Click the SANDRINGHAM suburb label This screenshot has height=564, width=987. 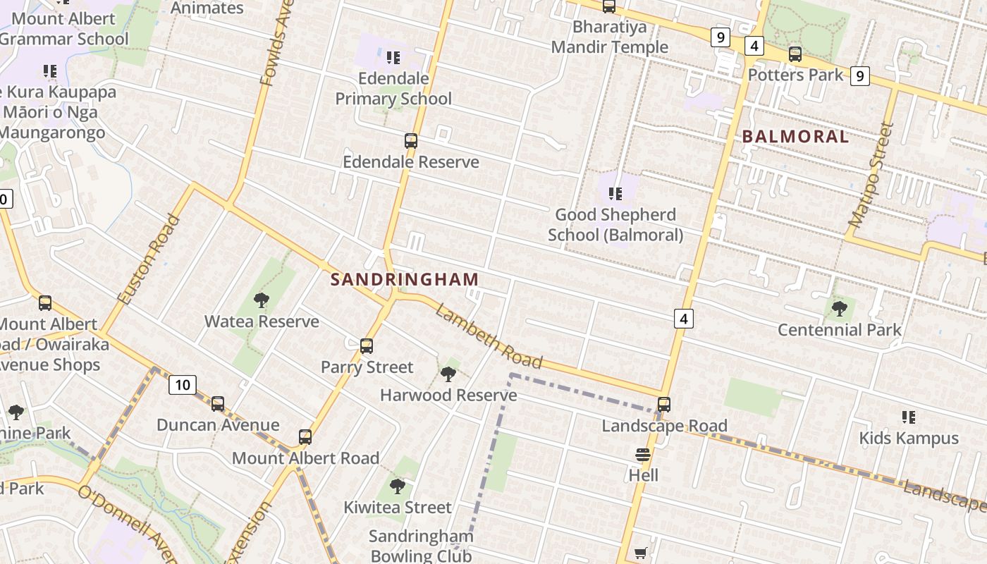click(x=405, y=279)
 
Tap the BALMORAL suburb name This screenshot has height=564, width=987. click(x=795, y=137)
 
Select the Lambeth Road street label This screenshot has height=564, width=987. click(x=489, y=337)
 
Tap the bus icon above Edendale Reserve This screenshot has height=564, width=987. click(x=411, y=141)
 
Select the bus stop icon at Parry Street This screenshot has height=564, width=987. click(x=367, y=346)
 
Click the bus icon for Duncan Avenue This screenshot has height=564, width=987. click(x=218, y=404)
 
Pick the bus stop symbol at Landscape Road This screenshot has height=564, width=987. click(x=664, y=405)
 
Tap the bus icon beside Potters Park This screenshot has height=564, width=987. click(x=795, y=54)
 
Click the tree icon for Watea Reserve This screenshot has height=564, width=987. click(x=262, y=300)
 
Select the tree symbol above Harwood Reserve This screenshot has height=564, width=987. click(x=448, y=374)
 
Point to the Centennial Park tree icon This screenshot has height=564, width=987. click(x=839, y=308)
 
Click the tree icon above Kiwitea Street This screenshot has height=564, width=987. click(x=398, y=486)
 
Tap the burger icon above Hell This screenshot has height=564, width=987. click(x=643, y=455)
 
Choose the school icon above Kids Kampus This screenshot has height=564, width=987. click(x=909, y=417)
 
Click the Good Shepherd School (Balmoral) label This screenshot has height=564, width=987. click(x=615, y=224)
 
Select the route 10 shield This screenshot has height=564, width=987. click(x=183, y=385)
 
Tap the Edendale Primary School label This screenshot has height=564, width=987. click(x=393, y=88)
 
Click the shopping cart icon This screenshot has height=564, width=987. click(x=640, y=553)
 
